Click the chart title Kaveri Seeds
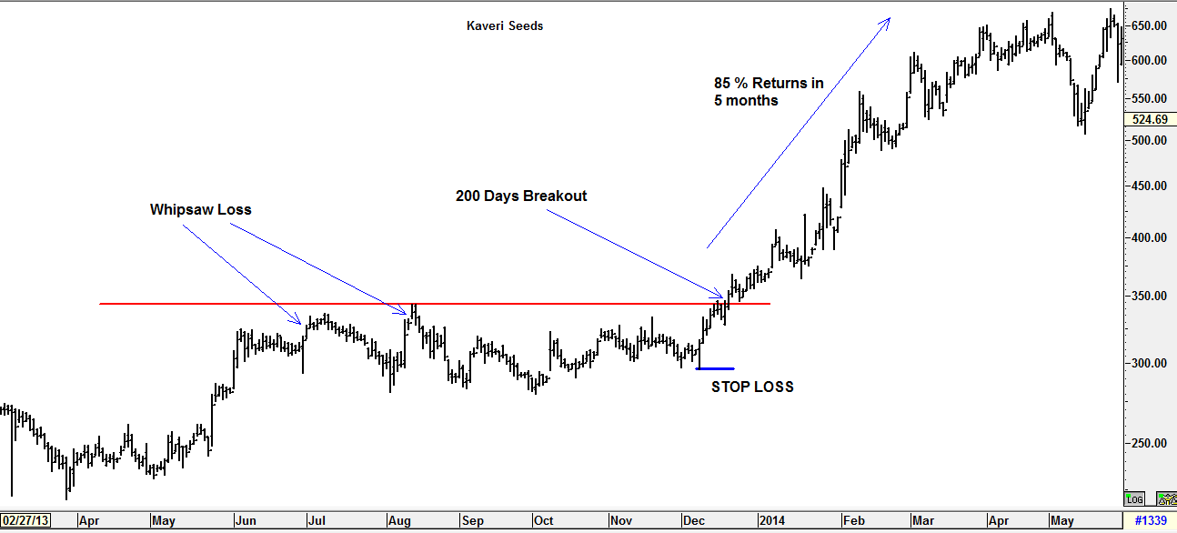click(504, 25)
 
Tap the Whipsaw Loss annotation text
click(200, 209)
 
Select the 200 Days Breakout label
click(521, 196)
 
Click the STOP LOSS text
click(752, 387)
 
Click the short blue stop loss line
click(715, 368)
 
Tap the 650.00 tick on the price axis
click(1150, 25)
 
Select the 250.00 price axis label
click(1150, 443)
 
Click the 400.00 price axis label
click(1150, 237)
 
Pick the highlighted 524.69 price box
click(1150, 119)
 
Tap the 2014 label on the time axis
click(771, 521)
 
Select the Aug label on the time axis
click(398, 521)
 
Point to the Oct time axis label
click(543, 521)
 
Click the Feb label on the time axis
click(853, 521)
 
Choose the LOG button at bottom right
click(1135, 498)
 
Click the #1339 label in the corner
click(1150, 521)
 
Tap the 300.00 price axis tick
click(1150, 363)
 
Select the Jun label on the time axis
click(246, 521)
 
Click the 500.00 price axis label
click(1150, 140)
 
